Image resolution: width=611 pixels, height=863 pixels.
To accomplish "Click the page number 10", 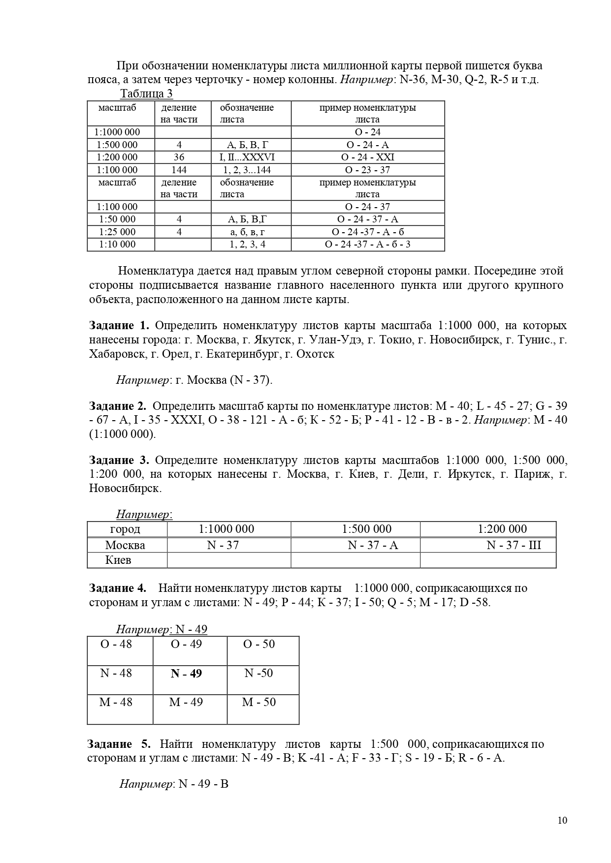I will tap(562, 820).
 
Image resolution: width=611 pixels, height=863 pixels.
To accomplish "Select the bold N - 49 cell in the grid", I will tap(186, 674).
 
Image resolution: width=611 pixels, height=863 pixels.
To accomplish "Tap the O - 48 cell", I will tap(116, 644).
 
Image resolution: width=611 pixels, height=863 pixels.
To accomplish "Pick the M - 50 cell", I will tap(259, 702).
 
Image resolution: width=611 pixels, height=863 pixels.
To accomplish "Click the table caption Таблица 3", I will tap(146, 93).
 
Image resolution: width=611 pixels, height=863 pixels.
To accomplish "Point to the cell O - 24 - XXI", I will tap(367, 157).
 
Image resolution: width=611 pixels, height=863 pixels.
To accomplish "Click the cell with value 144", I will tap(179, 170).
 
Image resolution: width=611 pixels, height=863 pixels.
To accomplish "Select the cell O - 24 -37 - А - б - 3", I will tap(367, 244).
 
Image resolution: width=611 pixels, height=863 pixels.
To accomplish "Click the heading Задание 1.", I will tap(119, 325).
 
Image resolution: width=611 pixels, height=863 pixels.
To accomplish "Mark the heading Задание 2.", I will tap(118, 406).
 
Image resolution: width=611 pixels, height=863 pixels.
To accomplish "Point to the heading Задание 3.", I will tap(119, 460).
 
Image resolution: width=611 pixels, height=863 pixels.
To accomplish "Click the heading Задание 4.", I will tap(118, 588).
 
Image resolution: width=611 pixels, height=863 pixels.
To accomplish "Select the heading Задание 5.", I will tap(119, 744).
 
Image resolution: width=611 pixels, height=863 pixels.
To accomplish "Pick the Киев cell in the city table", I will tap(118, 560).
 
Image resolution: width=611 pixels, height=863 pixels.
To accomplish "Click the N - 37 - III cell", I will tap(514, 545).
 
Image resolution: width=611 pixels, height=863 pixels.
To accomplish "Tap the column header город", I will tap(125, 529).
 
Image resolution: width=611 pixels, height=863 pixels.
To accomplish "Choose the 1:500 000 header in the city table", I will tap(367, 529).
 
